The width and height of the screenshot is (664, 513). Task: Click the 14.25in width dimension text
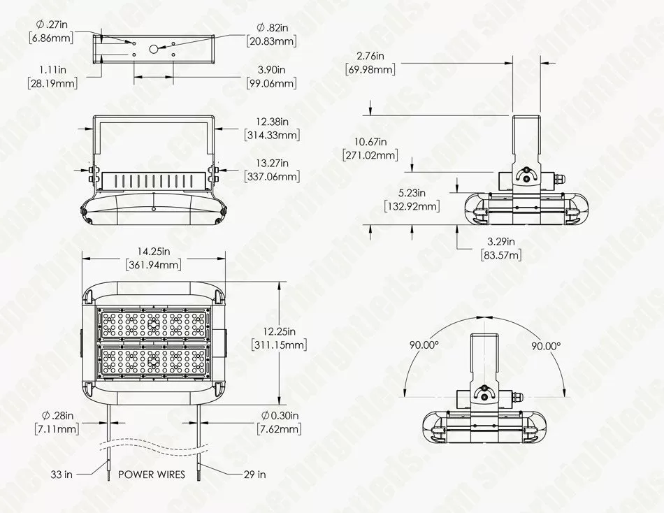(x=153, y=252)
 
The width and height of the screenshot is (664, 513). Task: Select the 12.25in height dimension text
(x=279, y=331)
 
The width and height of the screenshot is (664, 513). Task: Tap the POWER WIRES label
(x=152, y=474)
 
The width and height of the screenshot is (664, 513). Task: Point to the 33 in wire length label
(x=62, y=475)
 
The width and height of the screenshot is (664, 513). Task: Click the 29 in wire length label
(x=255, y=475)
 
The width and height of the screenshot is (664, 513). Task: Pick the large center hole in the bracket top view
(x=154, y=49)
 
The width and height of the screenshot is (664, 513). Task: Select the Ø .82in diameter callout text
(x=273, y=28)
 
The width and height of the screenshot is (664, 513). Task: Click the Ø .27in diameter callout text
(x=52, y=24)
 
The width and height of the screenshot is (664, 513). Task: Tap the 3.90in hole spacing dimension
(x=271, y=69)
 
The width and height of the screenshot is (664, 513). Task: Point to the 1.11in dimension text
(x=53, y=69)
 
